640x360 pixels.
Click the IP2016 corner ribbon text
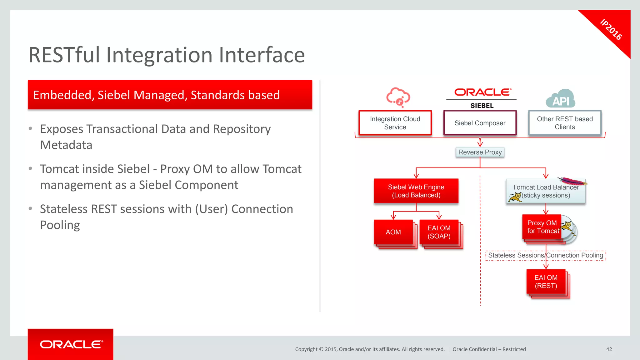click(x=611, y=30)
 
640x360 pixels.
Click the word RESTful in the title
click(x=64, y=55)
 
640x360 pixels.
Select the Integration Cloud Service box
click(x=395, y=123)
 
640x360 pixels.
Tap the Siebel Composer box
click(x=480, y=123)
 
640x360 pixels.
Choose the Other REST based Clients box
click(x=565, y=123)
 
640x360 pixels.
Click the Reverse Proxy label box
click(x=480, y=152)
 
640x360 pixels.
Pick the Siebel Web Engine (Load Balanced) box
click(x=416, y=191)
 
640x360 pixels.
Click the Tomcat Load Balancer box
click(x=545, y=191)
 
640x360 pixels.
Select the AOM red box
click(x=393, y=232)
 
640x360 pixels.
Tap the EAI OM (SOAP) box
click(x=439, y=232)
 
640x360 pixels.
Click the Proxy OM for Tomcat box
click(x=542, y=227)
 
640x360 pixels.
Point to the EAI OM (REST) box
click(x=546, y=282)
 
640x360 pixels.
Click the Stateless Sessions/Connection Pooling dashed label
click(x=545, y=255)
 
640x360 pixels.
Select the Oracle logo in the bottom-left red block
click(x=71, y=344)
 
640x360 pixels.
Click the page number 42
click(x=609, y=349)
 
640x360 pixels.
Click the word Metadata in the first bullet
click(x=66, y=145)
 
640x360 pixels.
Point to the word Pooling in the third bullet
click(x=60, y=225)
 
